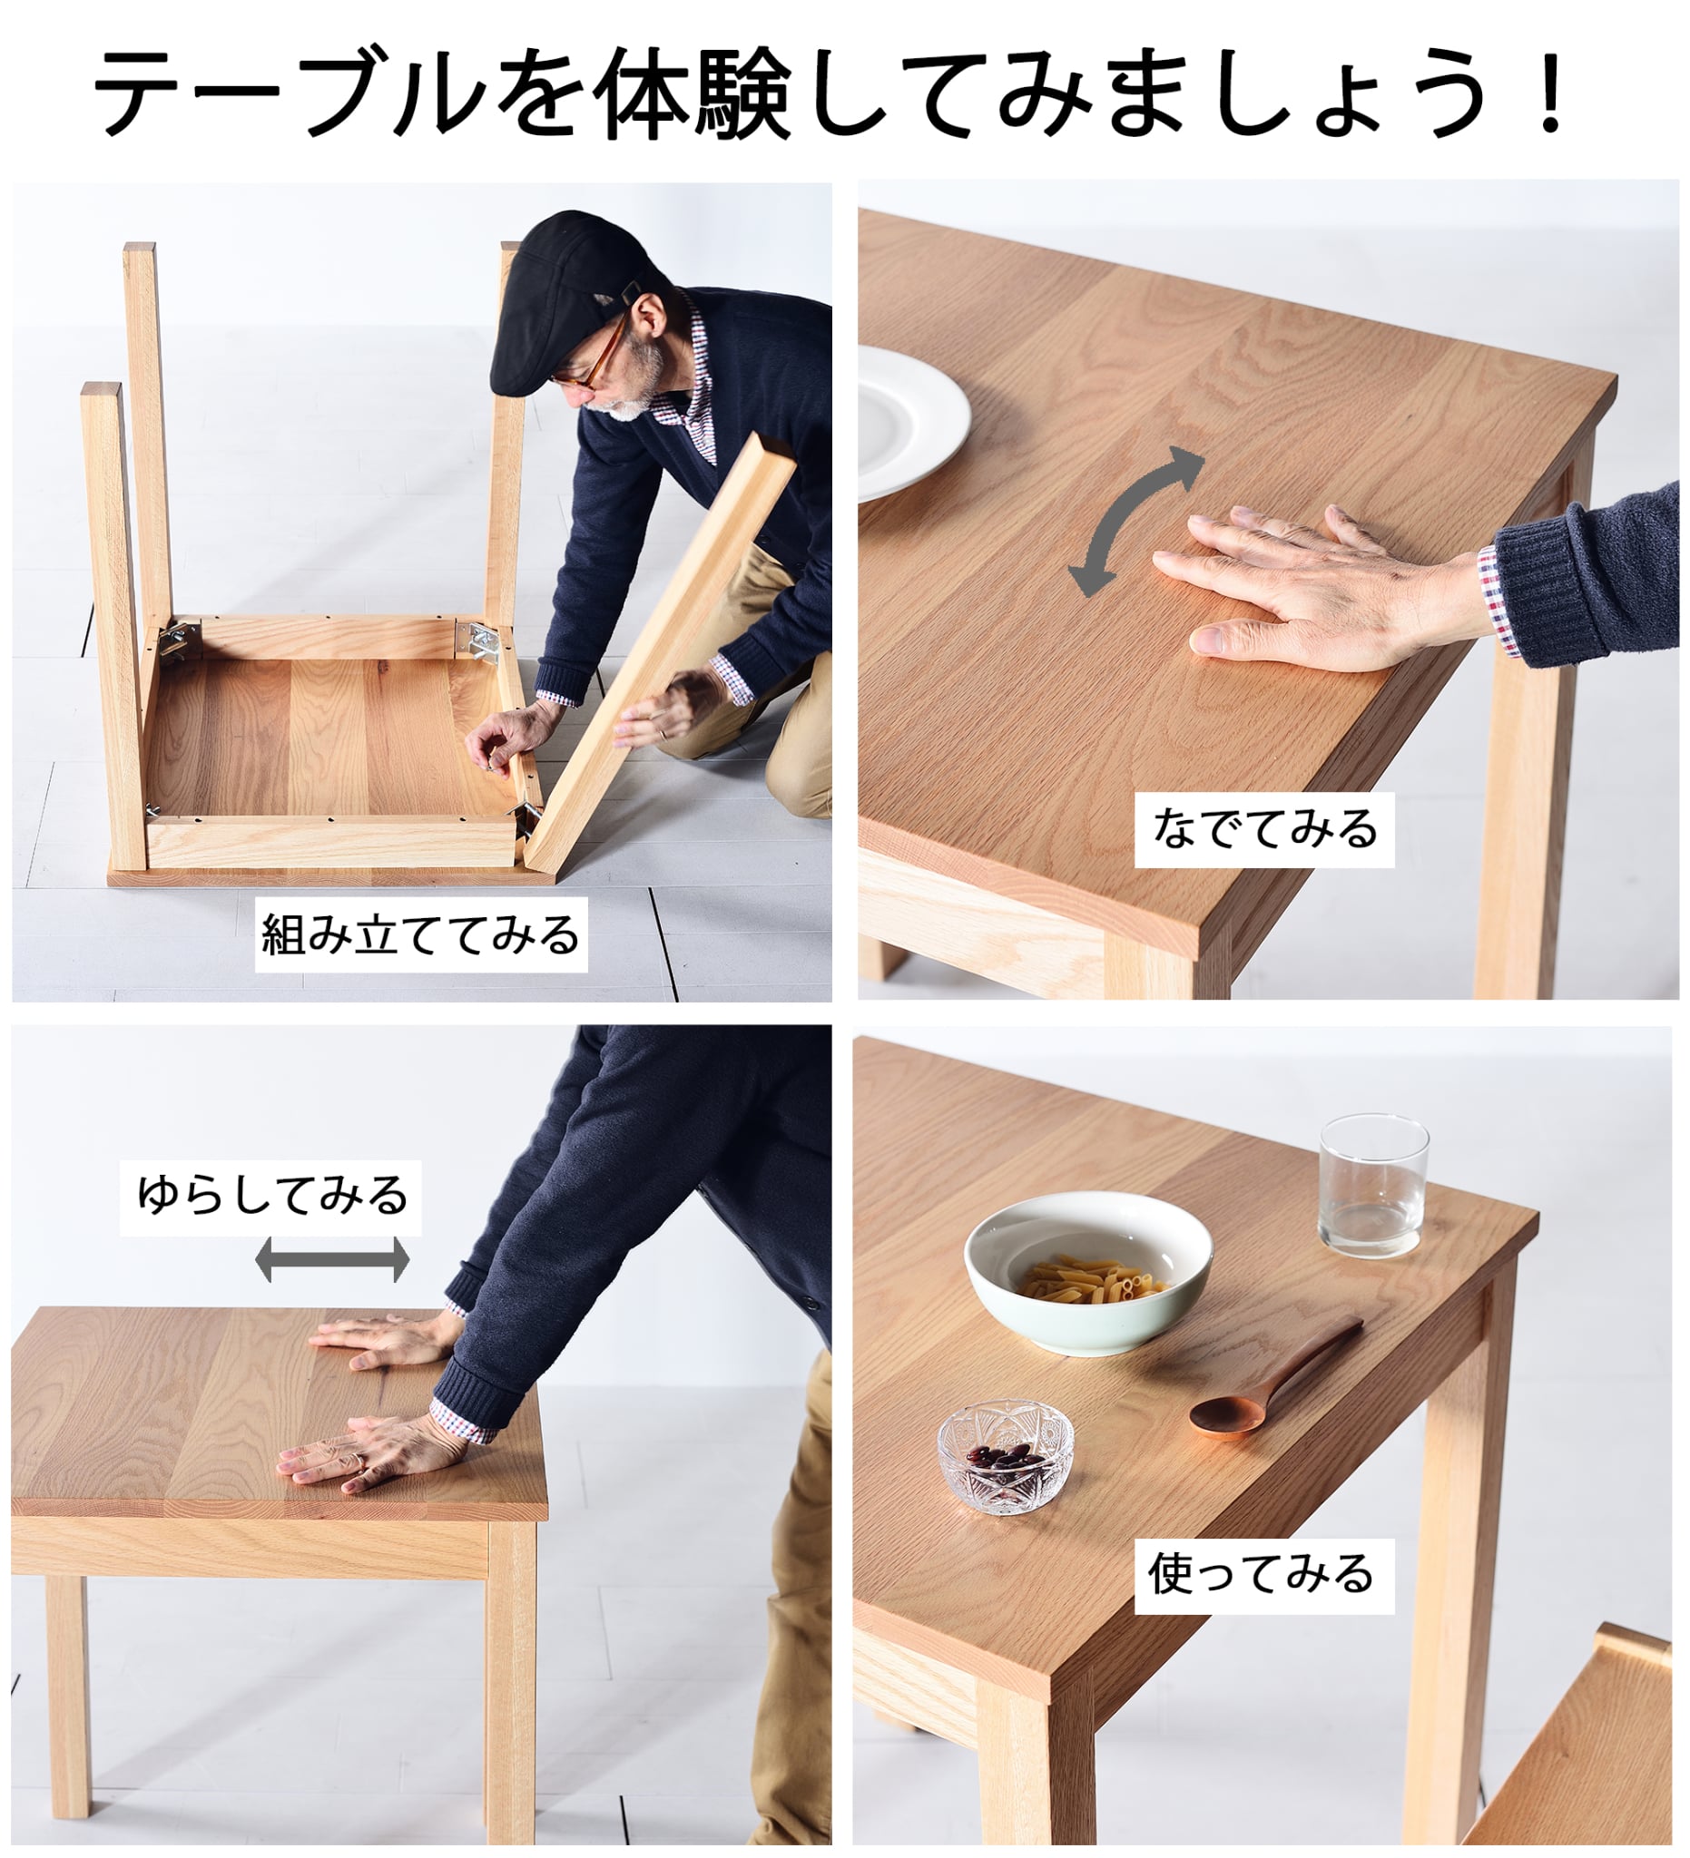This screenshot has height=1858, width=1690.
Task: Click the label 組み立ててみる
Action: click(x=420, y=934)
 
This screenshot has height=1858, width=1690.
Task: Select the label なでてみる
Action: click(x=1264, y=828)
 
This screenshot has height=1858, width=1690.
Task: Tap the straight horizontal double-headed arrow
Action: click(x=332, y=1260)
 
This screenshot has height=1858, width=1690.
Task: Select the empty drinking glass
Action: click(x=1372, y=1185)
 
